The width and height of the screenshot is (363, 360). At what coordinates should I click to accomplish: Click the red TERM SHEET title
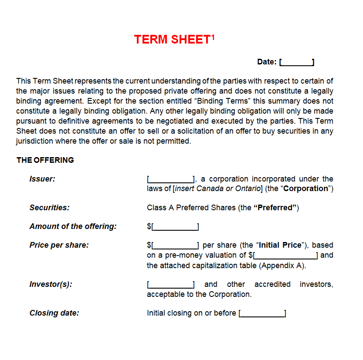point(173,40)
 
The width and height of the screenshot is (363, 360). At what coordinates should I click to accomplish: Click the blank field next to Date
point(297,62)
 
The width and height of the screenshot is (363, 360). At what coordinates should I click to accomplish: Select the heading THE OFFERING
point(45,160)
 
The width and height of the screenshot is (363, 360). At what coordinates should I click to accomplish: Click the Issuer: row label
point(42,179)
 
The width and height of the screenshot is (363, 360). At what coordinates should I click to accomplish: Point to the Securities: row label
point(49,208)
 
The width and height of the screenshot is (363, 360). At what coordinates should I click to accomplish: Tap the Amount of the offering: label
point(73,226)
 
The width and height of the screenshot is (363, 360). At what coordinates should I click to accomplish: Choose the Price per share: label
point(59,245)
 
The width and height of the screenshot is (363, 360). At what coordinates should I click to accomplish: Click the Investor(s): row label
point(51,284)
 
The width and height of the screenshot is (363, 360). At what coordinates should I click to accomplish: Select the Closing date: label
point(54,313)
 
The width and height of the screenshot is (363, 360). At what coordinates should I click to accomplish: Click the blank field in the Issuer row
point(171,179)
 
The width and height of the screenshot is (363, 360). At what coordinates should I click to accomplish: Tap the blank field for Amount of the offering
point(175,226)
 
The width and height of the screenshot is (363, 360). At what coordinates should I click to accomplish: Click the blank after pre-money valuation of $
point(286,255)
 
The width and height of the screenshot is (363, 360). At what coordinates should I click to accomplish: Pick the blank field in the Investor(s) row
point(171,284)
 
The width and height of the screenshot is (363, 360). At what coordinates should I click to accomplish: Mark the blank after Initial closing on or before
point(262,313)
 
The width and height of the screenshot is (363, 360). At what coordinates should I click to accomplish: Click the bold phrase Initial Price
point(280,245)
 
